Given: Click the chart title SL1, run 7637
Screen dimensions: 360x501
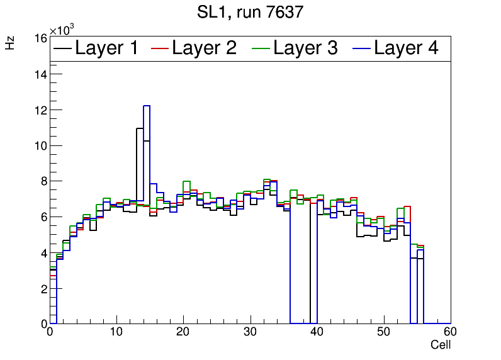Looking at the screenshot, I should (250, 12).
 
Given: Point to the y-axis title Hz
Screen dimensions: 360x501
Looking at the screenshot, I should (10, 43).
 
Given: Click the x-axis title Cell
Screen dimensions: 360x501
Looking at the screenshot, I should (440, 345).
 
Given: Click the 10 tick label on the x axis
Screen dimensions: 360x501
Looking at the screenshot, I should (116, 332).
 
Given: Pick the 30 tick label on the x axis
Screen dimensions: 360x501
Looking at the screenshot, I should (250, 332).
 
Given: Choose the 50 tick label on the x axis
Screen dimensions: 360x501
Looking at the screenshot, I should (384, 332).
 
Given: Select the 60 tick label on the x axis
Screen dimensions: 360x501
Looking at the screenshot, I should (450, 332).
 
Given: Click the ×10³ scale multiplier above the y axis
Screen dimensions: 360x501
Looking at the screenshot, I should (62, 30).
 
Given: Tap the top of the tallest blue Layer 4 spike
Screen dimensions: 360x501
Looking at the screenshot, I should (147, 106).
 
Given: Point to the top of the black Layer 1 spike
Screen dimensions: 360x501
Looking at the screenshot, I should (140, 128).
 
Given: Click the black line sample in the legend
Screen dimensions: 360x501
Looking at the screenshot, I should (63, 48).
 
